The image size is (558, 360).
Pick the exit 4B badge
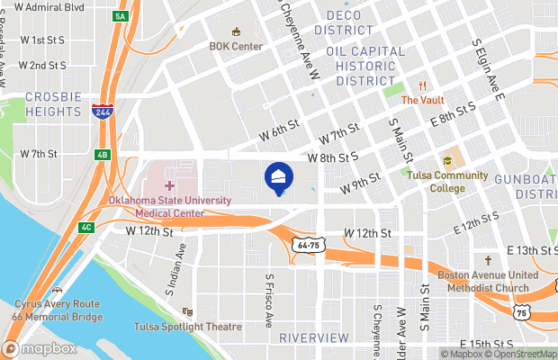pos(102,155)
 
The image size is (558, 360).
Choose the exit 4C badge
pos(85,227)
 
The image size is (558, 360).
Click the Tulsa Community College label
pos(447,182)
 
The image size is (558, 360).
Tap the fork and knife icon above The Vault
pos(420,86)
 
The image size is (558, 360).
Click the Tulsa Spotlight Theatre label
pos(188,327)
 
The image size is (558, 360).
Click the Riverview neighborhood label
pos(313,337)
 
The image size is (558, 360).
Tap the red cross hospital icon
pos(169,185)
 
